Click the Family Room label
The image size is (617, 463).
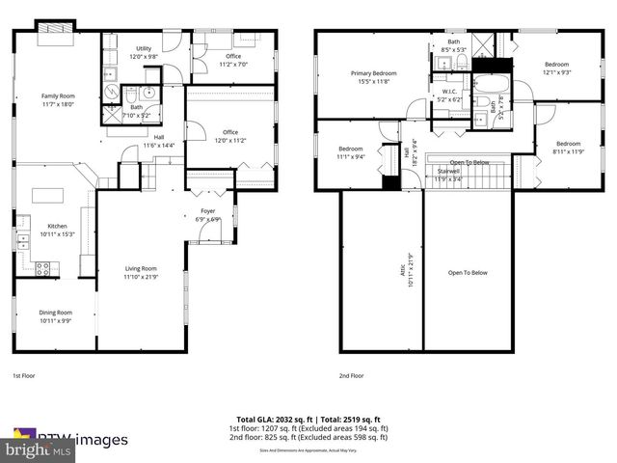(x=57, y=99)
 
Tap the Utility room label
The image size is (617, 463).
(x=144, y=52)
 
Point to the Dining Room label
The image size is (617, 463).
(x=56, y=316)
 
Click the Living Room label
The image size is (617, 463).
(x=140, y=273)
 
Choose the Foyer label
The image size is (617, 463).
(x=208, y=214)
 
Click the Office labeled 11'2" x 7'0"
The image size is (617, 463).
(x=233, y=60)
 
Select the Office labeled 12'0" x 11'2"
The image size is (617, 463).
(x=230, y=136)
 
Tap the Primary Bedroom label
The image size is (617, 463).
(x=372, y=77)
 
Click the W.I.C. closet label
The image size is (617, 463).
(x=449, y=95)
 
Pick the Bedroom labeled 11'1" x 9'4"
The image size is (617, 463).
(x=350, y=152)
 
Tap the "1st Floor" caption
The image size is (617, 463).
(x=25, y=375)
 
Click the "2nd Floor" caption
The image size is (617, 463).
(x=351, y=375)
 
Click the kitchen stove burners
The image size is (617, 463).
(x=42, y=269)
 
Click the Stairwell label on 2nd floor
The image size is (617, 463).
(x=448, y=175)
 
